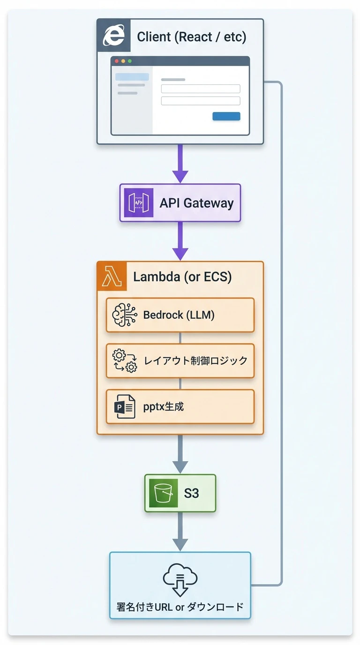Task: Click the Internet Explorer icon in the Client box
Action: tap(113, 36)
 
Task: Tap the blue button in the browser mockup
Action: tap(226, 116)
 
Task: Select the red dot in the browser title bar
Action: tap(117, 61)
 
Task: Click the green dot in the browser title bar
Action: tap(130, 61)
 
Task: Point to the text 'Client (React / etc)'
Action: tap(191, 37)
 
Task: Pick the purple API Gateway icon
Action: tap(138, 203)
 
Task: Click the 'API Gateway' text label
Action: tap(196, 203)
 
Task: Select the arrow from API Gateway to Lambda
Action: tap(180, 241)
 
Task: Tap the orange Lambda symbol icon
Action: tap(112, 277)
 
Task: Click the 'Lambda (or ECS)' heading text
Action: tap(182, 277)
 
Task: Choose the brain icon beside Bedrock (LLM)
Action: tap(125, 315)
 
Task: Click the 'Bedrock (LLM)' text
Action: tap(179, 315)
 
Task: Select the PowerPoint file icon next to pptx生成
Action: tap(125, 406)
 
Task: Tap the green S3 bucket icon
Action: tap(163, 493)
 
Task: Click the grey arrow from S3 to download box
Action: tap(180, 532)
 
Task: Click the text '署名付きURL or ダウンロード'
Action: tap(180, 607)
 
